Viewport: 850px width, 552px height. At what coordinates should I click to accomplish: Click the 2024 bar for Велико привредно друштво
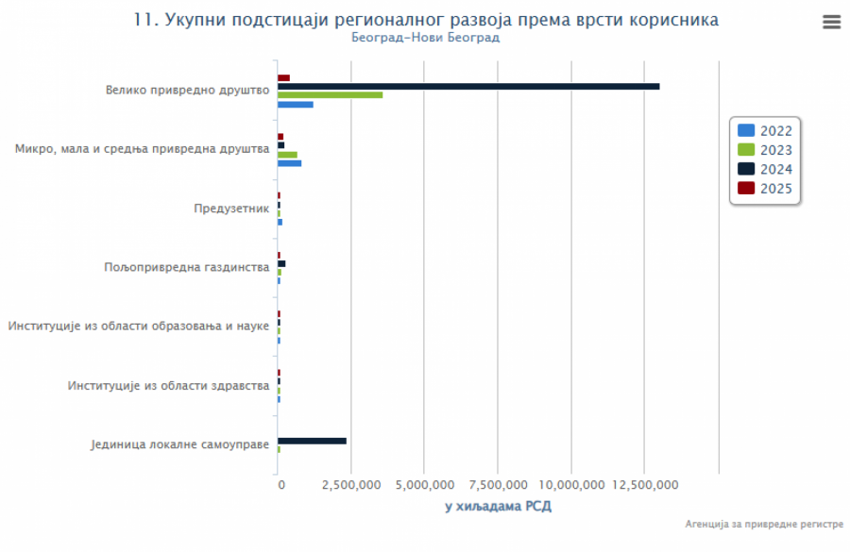(467, 86)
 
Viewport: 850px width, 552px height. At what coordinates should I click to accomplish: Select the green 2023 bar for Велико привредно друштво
(330, 95)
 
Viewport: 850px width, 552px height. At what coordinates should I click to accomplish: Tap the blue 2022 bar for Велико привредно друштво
(295, 104)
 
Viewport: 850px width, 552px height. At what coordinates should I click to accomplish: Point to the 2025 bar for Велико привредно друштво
(283, 77)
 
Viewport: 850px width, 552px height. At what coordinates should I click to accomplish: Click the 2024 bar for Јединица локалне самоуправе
(312, 441)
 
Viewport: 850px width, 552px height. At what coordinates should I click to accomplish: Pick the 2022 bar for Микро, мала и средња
(289, 163)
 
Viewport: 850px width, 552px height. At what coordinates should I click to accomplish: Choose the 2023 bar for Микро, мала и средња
(287, 155)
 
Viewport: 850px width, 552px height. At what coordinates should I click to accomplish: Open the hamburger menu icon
(831, 23)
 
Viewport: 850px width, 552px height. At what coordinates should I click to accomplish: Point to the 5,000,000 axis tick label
(424, 485)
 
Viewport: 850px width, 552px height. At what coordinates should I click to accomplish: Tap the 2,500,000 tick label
(350, 485)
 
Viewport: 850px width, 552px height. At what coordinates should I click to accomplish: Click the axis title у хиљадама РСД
(498, 507)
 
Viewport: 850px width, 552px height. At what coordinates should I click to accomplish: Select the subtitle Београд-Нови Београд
(425, 38)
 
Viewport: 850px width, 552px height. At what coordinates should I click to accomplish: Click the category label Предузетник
(231, 208)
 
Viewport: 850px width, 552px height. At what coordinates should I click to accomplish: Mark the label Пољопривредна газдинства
(187, 267)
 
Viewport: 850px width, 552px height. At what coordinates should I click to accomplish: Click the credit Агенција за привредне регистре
(764, 523)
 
